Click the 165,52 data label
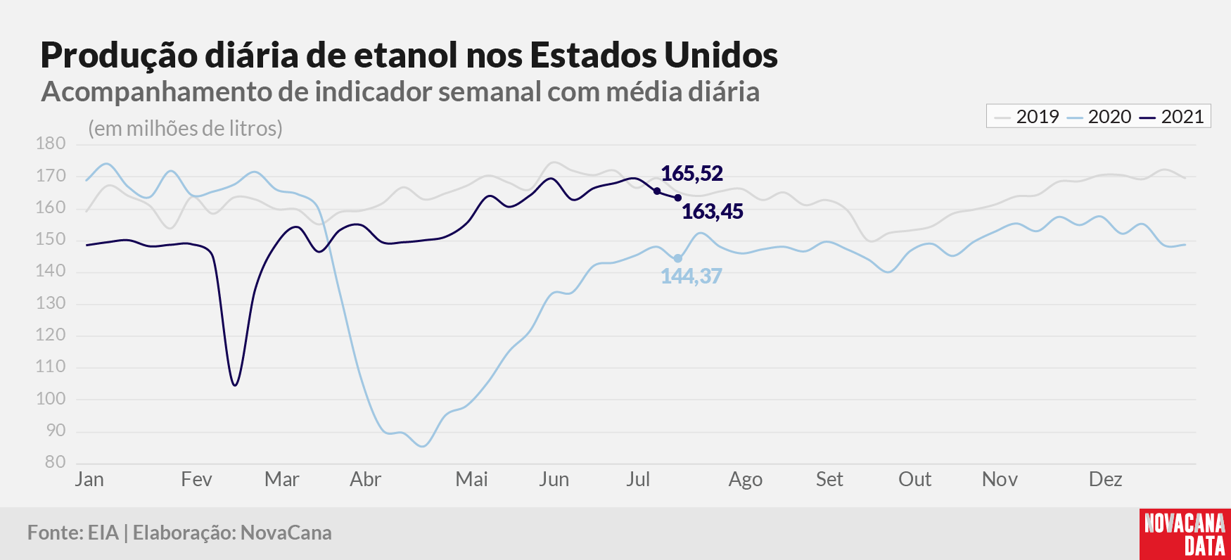pyautogui.click(x=691, y=174)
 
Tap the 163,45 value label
pyautogui.click(x=712, y=212)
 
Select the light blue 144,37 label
pyautogui.click(x=691, y=276)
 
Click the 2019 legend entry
pyautogui.click(x=1027, y=117)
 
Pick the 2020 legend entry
pyautogui.click(x=1099, y=117)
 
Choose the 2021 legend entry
pyautogui.click(x=1172, y=117)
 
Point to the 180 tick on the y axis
pyautogui.click(x=51, y=144)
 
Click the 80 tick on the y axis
pyautogui.click(x=56, y=462)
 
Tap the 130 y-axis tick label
pyautogui.click(x=51, y=303)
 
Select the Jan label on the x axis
pyautogui.click(x=89, y=480)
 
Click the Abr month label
pyautogui.click(x=366, y=480)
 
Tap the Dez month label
pyautogui.click(x=1105, y=480)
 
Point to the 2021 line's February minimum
pyautogui.click(x=235, y=385)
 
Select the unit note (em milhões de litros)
pyautogui.click(x=185, y=129)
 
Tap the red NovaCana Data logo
pyautogui.click(x=1185, y=534)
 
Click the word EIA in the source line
pyautogui.click(x=103, y=533)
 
